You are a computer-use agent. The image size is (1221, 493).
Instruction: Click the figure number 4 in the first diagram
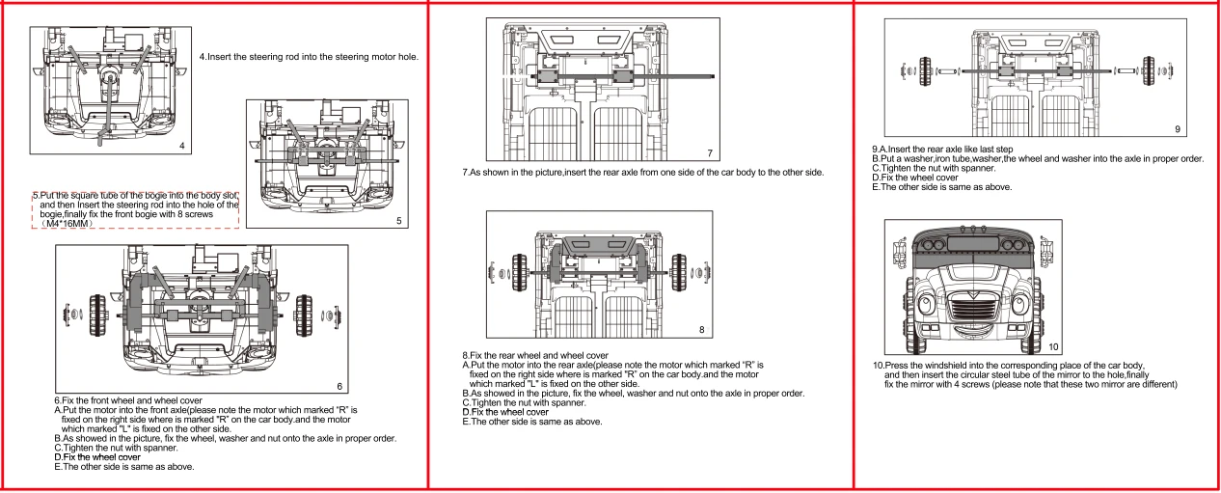click(182, 146)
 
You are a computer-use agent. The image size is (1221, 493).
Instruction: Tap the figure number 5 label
click(399, 220)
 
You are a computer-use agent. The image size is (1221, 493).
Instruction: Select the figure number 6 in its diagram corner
click(339, 386)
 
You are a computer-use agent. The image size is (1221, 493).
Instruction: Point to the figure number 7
click(710, 153)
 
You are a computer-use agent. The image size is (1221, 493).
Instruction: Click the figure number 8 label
click(702, 329)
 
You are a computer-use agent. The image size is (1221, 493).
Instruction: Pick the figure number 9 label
click(1178, 129)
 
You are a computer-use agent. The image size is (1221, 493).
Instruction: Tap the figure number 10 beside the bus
click(1053, 347)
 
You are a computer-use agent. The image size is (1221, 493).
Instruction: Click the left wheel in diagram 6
click(98, 315)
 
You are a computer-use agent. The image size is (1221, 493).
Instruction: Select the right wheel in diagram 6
click(304, 315)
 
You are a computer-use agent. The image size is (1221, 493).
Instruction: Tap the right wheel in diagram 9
click(1149, 70)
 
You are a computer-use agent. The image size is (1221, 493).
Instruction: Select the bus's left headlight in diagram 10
click(926, 304)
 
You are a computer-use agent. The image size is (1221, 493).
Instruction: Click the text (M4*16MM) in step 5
click(67, 224)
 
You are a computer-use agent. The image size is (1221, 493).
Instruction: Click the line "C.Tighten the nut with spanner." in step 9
click(934, 168)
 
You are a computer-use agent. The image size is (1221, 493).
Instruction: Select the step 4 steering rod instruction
click(309, 57)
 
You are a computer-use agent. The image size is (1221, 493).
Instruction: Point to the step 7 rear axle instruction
click(643, 173)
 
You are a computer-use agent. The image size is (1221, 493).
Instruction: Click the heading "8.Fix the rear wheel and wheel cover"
click(535, 356)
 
